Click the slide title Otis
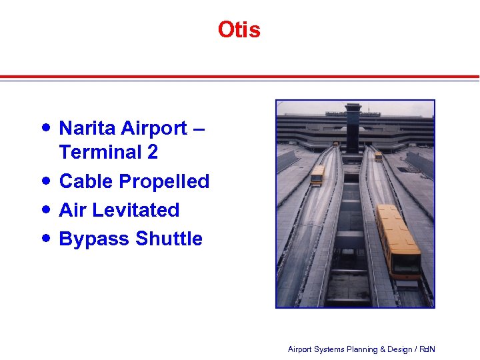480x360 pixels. [239, 30]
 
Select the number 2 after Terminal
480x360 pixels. [153, 152]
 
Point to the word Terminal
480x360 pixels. [100, 152]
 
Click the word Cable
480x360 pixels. [86, 181]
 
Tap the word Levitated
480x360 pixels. [136, 210]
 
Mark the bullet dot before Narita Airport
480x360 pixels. [45, 127]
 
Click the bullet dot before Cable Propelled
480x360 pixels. [45, 181]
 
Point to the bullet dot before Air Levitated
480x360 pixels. [45, 209]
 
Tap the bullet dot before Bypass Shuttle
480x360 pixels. [45, 238]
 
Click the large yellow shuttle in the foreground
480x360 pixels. [397, 240]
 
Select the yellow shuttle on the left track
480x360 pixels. [317, 175]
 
